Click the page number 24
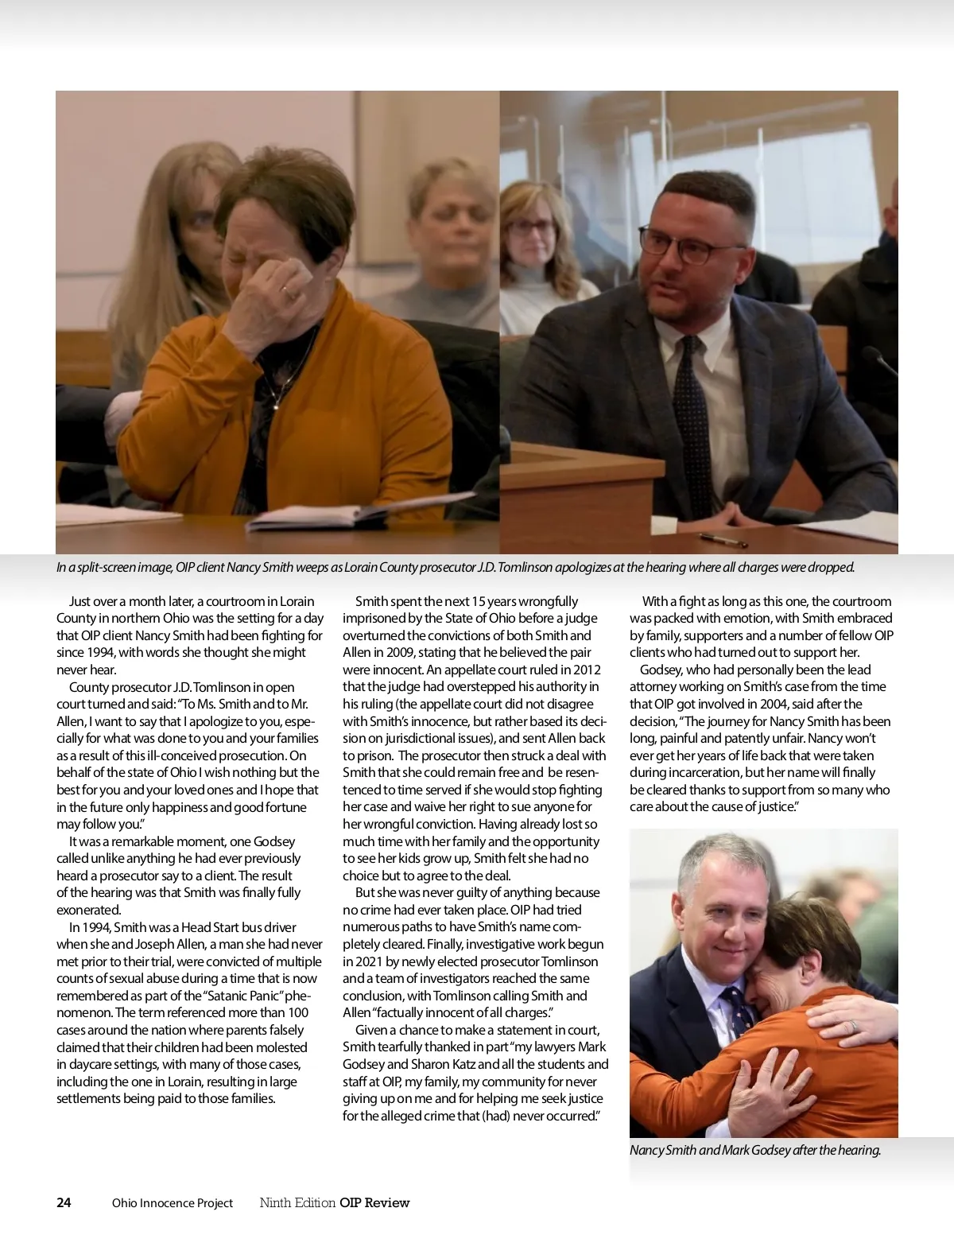(64, 1202)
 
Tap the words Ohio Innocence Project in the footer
(173, 1203)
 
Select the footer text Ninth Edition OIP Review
(335, 1202)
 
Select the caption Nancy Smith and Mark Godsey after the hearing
(755, 1150)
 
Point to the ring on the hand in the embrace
(851, 1027)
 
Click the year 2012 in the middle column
(584, 670)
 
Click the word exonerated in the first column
(88, 910)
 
